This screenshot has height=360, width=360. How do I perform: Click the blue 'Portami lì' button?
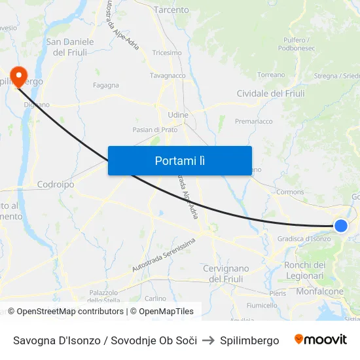[x=179, y=160]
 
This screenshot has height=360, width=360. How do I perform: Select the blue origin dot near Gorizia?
[x=340, y=226]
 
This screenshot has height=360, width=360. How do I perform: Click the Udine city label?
[x=177, y=115]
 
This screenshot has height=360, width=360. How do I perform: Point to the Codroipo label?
[x=56, y=185]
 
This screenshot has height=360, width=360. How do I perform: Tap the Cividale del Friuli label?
[x=270, y=94]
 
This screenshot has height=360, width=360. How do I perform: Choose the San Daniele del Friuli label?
[x=70, y=46]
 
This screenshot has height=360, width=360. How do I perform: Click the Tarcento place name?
[x=171, y=10]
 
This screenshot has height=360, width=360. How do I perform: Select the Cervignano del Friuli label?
[x=226, y=274]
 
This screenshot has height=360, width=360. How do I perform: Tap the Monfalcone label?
[x=319, y=291]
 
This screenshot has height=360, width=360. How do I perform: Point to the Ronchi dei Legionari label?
[x=304, y=270]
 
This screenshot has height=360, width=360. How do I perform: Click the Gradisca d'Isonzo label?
[x=304, y=239]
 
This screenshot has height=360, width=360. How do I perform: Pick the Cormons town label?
[x=290, y=192]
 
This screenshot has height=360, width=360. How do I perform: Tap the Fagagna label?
[x=106, y=85]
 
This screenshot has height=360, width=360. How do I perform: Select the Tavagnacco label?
[x=168, y=76]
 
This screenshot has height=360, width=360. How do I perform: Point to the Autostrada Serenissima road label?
[x=163, y=255]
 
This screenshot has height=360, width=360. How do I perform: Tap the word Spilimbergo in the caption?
[x=249, y=340]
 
